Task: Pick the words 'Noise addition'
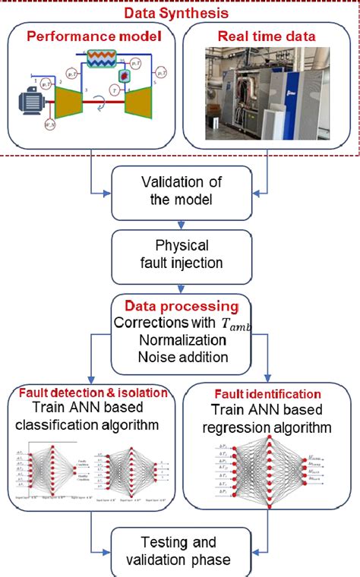[179, 356]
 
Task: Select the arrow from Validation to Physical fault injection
[179, 224]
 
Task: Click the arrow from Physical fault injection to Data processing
[179, 288]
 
